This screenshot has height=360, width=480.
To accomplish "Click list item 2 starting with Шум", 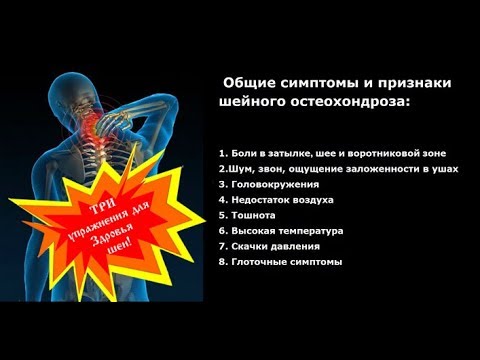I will (x=337, y=169).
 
